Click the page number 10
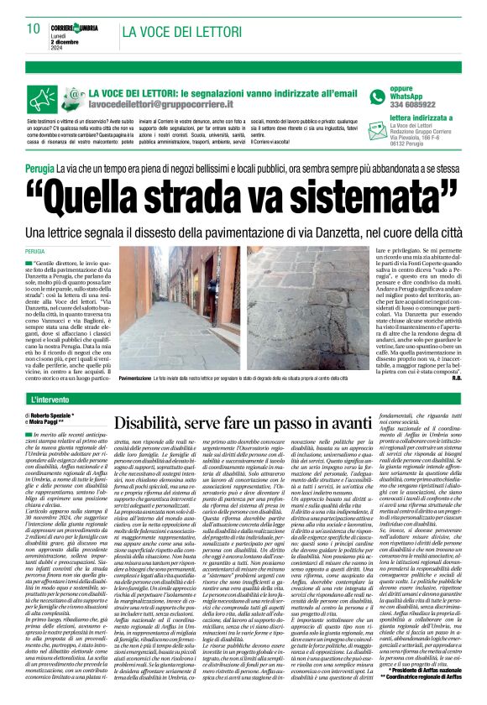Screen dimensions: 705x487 tap(34, 29)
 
